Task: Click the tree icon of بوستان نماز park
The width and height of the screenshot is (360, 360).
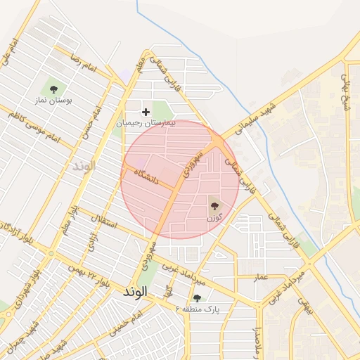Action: point(53,88)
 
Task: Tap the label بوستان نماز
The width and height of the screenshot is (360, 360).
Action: point(53,101)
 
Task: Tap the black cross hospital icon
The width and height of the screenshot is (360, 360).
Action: point(146,112)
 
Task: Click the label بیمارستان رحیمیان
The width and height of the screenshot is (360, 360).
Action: point(145,123)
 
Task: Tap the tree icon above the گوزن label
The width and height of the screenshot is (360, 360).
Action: point(214,206)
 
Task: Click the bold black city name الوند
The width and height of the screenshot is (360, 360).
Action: point(134,290)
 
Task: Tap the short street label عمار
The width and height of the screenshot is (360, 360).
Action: point(261,278)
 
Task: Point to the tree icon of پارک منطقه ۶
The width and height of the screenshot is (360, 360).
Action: point(196,298)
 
